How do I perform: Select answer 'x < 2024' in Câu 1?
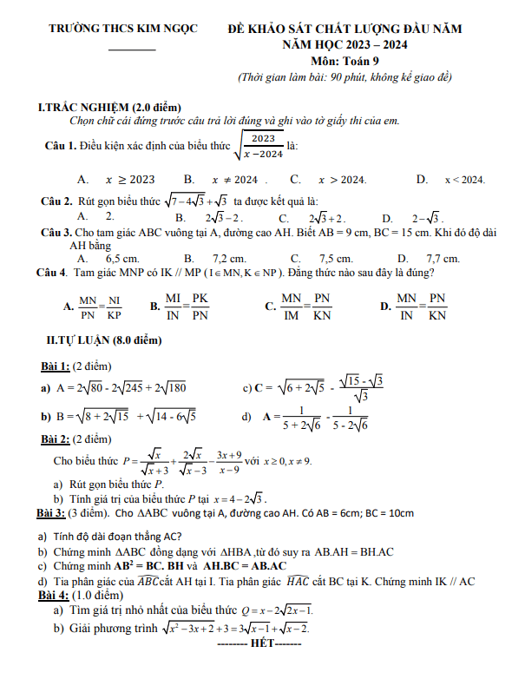coord(464,180)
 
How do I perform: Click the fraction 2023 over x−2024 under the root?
coord(263,146)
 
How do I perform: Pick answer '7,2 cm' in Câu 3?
coord(229,259)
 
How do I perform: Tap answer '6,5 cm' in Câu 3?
coord(122,259)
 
